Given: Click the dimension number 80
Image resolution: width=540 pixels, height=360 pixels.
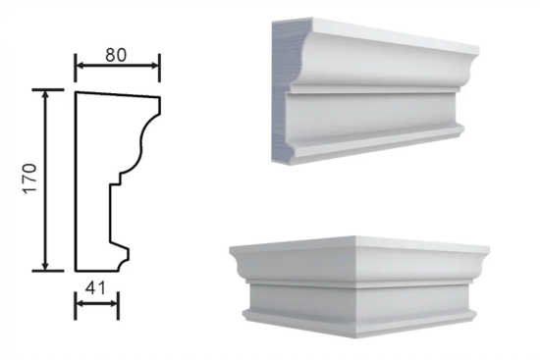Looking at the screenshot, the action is pos(116,55).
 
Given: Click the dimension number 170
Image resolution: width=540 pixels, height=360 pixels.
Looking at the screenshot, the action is pos(30,179).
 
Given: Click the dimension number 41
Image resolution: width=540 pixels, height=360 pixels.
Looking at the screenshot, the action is pos(95,288).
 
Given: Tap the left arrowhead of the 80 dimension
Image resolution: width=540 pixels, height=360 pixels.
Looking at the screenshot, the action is pos(80,66).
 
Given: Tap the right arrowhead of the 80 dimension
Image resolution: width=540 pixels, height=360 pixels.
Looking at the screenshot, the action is pos(155,66).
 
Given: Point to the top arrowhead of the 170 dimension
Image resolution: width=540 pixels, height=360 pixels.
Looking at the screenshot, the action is pos(45,94).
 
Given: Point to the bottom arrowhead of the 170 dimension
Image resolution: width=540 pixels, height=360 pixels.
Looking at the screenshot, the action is pos(45,266).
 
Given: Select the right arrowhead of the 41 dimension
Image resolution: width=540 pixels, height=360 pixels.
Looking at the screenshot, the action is pos(114,303).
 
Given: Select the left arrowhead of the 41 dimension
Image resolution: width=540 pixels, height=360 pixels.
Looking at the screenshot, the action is pos(80,303).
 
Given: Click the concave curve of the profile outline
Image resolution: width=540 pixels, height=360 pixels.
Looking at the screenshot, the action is pos(140,144).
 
